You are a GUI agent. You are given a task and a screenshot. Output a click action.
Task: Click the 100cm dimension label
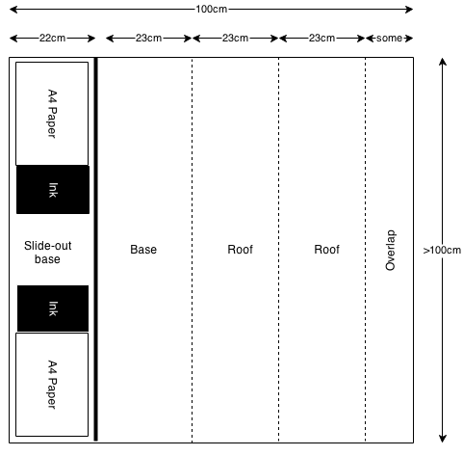click(x=212, y=9)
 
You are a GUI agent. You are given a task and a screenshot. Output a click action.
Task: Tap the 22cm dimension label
click(x=52, y=38)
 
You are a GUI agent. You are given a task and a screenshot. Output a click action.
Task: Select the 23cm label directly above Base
click(x=148, y=38)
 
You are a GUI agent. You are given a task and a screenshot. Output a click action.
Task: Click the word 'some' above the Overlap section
click(x=389, y=39)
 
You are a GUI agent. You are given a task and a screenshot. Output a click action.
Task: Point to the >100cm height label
click(x=442, y=250)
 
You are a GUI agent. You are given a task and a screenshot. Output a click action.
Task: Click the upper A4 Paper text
click(x=52, y=114)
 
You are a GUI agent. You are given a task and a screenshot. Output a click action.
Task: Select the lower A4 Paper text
click(x=52, y=385)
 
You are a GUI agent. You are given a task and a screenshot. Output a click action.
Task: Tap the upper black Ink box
click(x=53, y=190)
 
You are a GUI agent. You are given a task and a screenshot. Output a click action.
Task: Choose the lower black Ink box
click(x=53, y=308)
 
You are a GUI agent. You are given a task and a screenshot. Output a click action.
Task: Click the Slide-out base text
click(x=47, y=253)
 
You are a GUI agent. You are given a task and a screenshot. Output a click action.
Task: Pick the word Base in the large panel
click(x=143, y=250)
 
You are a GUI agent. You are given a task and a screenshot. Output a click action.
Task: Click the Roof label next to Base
click(x=240, y=250)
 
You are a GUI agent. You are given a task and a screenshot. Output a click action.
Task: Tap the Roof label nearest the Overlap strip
click(x=326, y=250)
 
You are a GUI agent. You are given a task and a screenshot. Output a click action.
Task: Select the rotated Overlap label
click(x=390, y=251)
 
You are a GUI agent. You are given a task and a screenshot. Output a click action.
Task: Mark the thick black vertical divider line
click(x=95, y=250)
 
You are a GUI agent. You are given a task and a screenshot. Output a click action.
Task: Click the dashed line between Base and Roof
click(x=193, y=250)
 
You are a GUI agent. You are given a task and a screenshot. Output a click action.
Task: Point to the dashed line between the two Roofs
click(x=279, y=250)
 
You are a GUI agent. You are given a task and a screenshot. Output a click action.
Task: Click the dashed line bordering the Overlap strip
click(x=365, y=250)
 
